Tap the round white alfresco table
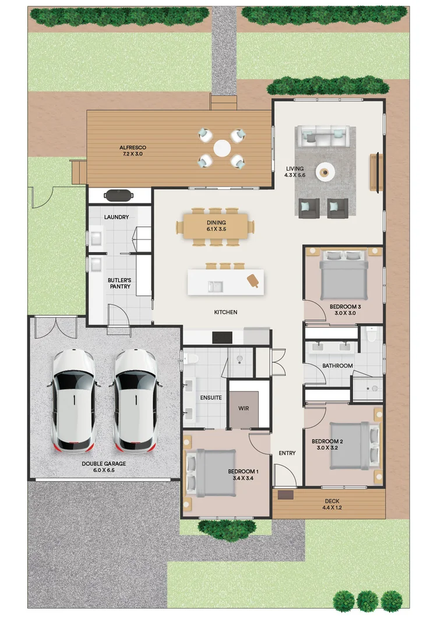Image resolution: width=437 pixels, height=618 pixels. tap(222, 148)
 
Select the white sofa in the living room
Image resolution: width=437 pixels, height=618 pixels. tap(324, 136)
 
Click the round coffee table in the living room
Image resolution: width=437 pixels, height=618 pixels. tap(325, 172)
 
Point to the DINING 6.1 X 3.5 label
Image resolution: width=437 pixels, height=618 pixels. tap(216, 226)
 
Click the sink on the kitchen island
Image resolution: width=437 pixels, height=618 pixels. tap(216, 286)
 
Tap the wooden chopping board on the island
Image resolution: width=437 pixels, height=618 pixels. tap(253, 280)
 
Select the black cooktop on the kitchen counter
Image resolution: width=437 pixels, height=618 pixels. tap(222, 337)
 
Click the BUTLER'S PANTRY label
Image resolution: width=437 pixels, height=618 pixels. tap(119, 284)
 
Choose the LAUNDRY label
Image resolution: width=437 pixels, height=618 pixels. tap(117, 217)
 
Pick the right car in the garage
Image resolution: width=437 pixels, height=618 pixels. tap(135, 400)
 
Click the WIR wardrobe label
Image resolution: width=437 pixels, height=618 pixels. tap(244, 408)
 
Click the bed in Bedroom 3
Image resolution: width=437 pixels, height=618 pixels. tap(344, 274)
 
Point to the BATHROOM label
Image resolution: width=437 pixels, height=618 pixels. tap(337, 366)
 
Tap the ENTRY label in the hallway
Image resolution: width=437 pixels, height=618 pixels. tap(287, 453)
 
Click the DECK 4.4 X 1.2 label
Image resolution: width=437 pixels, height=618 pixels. tap(332, 504)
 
